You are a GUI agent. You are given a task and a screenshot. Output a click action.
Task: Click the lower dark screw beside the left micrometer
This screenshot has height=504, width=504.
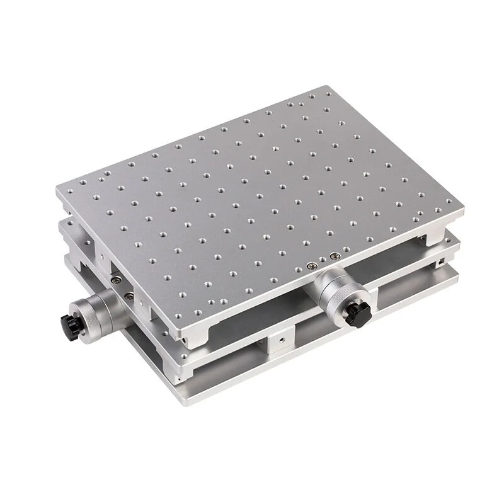pos(129,295)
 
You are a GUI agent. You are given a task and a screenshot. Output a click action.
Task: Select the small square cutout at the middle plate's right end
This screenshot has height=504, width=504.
pos(443,260)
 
